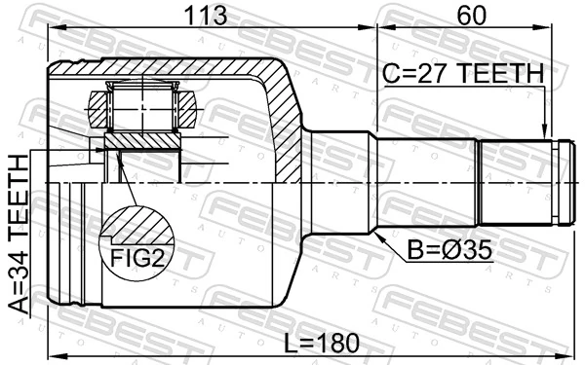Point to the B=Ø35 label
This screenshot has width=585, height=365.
[448, 250]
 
